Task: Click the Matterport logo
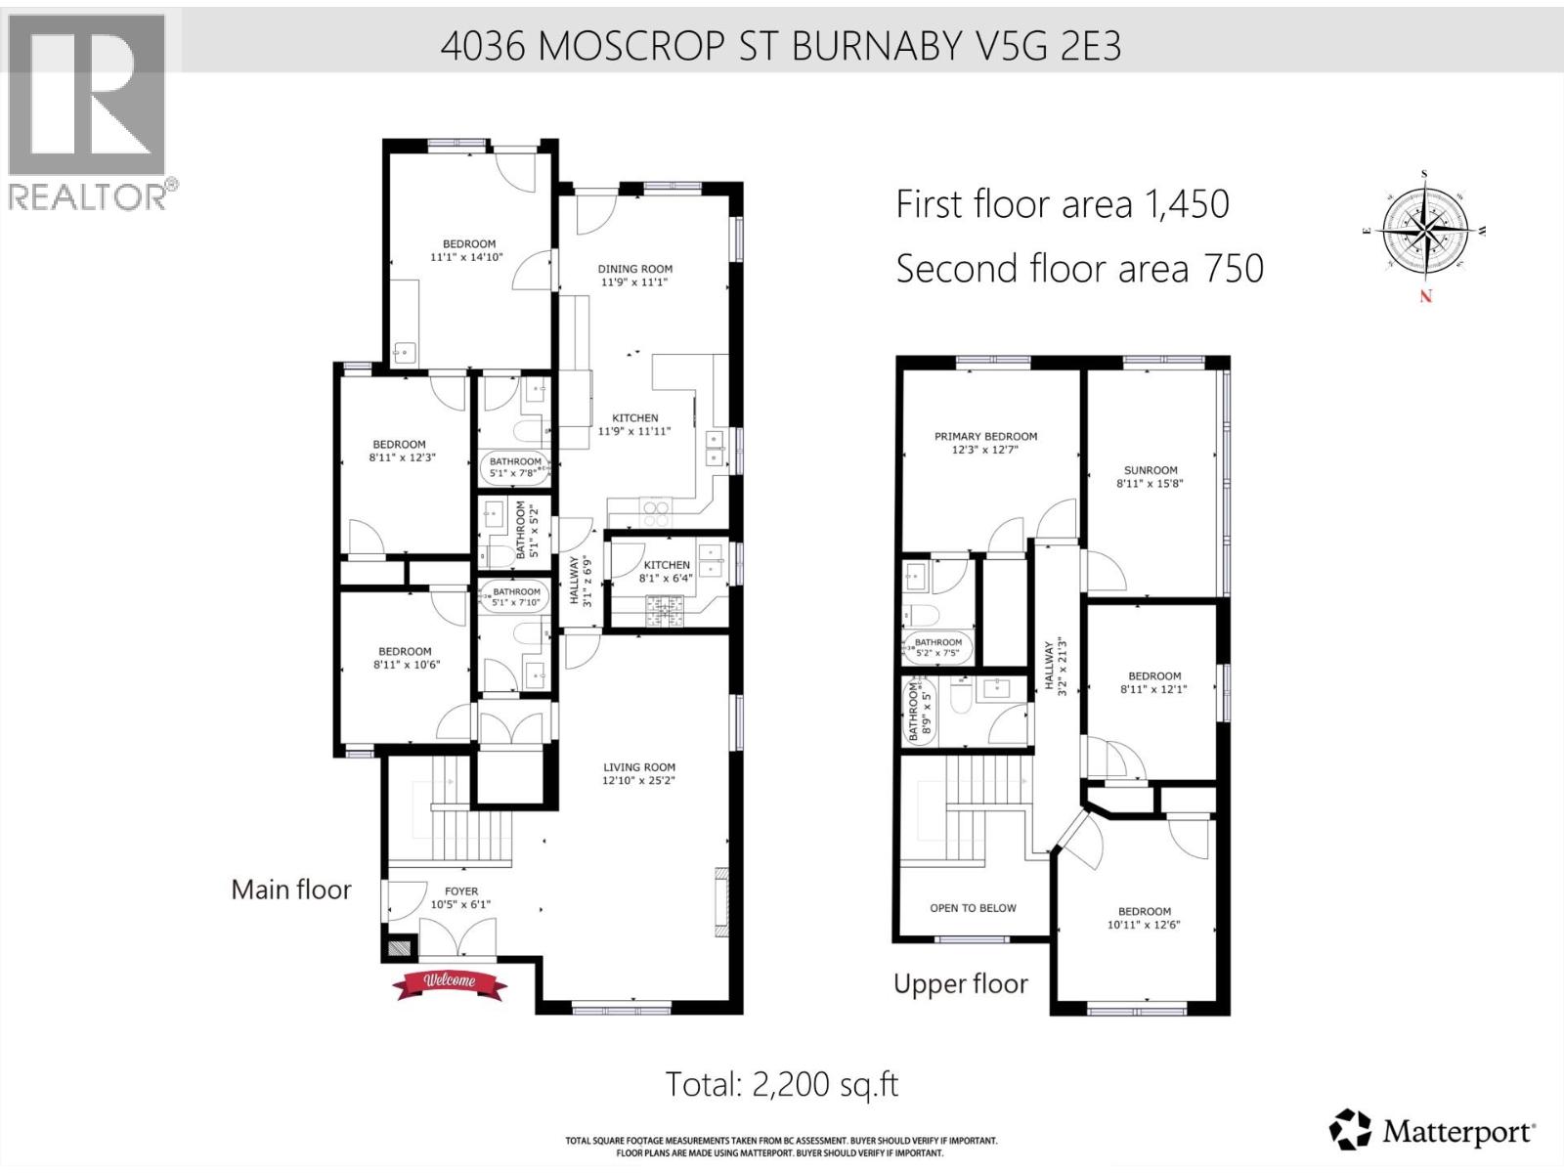coord(1432,1131)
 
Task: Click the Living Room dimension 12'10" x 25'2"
coord(638,780)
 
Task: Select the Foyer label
coord(461,891)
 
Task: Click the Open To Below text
coord(973,908)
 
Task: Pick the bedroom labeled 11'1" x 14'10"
coord(468,250)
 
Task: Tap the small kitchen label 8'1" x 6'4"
coord(667,571)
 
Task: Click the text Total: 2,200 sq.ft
coord(781,1083)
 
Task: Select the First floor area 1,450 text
coord(1062,204)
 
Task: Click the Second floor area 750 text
coord(1079,269)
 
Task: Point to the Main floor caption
coord(290,890)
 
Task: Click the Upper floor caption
coord(960,983)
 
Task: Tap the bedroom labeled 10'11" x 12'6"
coord(1144,917)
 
